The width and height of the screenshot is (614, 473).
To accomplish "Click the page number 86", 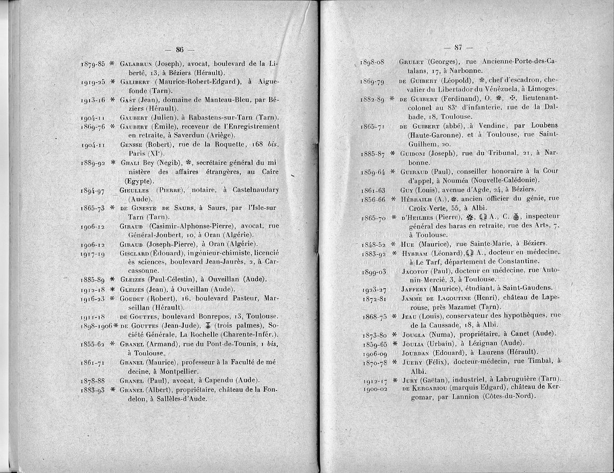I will point(180,50).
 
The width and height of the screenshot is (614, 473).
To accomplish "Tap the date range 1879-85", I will point(93,64).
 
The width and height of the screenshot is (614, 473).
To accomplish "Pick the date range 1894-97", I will point(93,191).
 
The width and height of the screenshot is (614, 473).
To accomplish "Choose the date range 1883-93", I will point(93,390).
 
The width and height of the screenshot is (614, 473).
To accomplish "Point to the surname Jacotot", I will point(413,271).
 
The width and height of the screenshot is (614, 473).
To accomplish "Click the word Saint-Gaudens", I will point(527,288).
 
